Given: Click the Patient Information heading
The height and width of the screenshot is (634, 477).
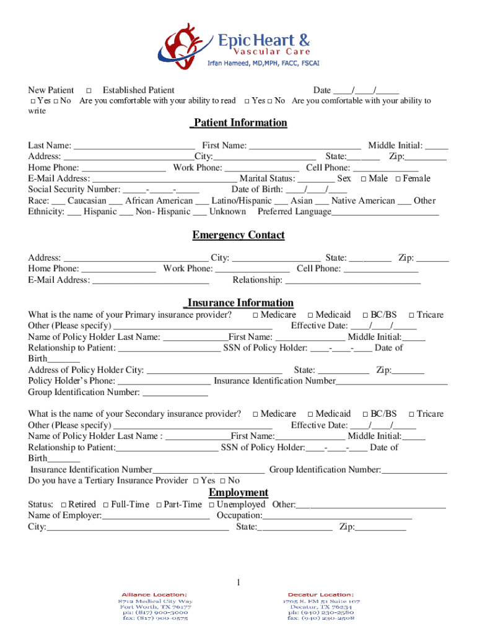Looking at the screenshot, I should [239, 123].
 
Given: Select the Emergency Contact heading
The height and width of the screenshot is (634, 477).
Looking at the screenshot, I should [239, 235].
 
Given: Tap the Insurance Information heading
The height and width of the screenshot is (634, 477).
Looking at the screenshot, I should [239, 303].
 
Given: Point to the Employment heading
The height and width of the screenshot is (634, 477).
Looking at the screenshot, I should [239, 493].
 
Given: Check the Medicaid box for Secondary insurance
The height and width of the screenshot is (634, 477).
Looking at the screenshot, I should [310, 414].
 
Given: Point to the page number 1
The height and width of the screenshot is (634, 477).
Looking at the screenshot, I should [237, 583].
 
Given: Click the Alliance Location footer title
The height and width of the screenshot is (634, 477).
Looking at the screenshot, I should [154, 594].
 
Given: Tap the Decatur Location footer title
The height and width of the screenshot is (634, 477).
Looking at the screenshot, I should [320, 594].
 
